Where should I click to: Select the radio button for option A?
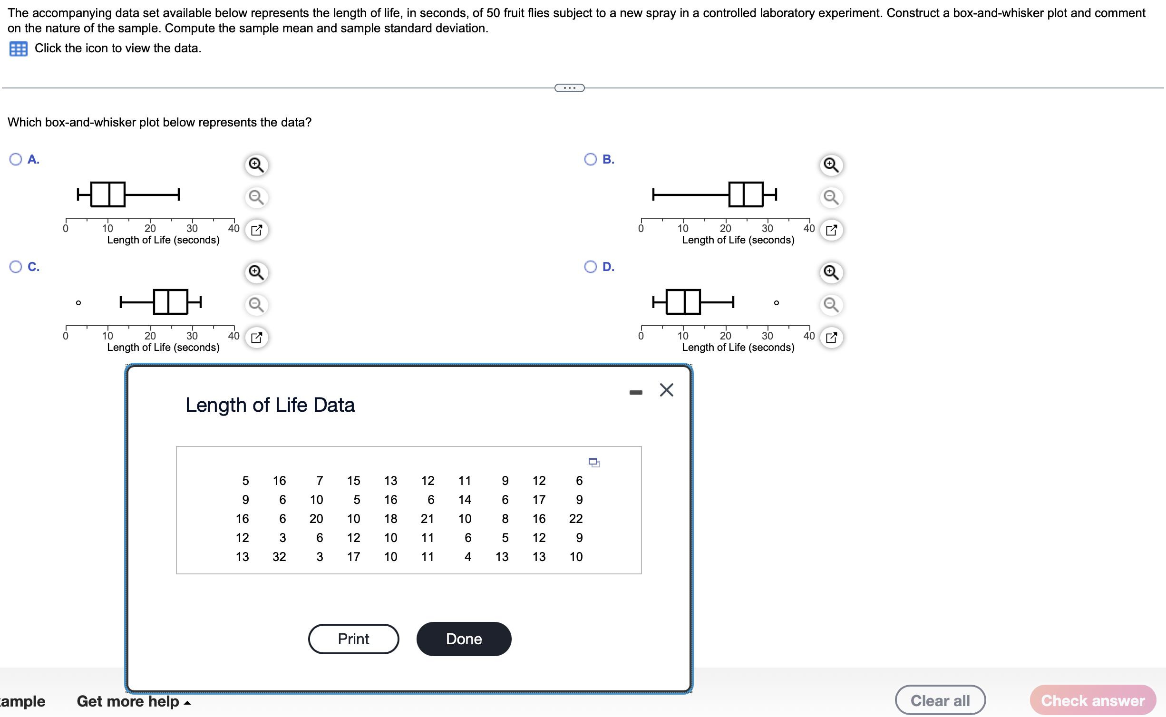(x=16, y=159)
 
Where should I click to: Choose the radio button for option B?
(x=590, y=159)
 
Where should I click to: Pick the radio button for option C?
(x=16, y=267)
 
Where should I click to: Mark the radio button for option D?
(x=590, y=267)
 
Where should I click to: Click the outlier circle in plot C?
(x=78, y=303)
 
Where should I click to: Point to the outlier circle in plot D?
(x=776, y=303)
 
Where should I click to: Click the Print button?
(x=353, y=639)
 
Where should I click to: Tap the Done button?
(x=464, y=639)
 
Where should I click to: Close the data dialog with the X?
(x=666, y=390)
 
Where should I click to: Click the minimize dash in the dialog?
(x=635, y=392)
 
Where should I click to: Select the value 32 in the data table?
(x=279, y=557)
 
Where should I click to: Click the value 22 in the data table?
(x=576, y=519)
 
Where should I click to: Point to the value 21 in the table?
(x=427, y=519)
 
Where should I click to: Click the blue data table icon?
(x=19, y=48)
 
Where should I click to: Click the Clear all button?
(x=940, y=700)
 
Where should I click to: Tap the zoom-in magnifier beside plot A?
(x=256, y=165)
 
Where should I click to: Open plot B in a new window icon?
(x=831, y=230)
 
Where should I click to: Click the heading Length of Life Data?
(x=270, y=405)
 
